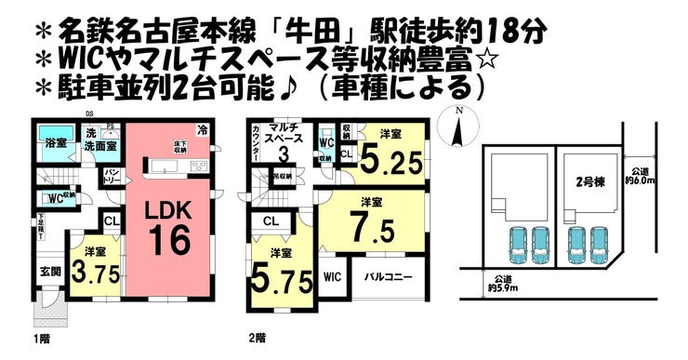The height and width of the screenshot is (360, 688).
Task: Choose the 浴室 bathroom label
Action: pyautogui.click(x=56, y=143)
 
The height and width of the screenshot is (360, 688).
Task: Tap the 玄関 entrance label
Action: pyautogui.click(x=49, y=272)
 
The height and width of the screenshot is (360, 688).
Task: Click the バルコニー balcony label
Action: pyautogui.click(x=383, y=276)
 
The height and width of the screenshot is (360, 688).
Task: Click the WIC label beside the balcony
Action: pyautogui.click(x=332, y=276)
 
